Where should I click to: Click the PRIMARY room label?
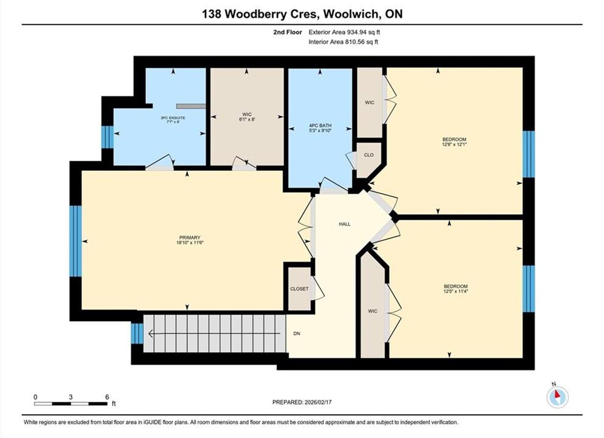190,238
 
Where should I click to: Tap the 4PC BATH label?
320,125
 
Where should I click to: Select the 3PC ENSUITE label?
173,118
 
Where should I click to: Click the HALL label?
345,224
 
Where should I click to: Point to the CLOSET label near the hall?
299,288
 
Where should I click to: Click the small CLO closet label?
369,155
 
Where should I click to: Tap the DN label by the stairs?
297,333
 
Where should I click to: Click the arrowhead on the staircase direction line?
150,333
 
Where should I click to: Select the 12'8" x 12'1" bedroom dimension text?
454,144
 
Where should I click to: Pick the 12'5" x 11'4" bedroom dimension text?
456,291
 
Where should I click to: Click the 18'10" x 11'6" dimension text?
190,243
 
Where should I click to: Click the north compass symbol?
557,396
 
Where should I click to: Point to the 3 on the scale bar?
71,397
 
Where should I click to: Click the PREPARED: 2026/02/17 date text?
302,401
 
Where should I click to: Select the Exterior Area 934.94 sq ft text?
344,32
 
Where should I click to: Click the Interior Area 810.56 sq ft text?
343,41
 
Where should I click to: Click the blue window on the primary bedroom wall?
75,241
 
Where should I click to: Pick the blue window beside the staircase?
137,333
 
